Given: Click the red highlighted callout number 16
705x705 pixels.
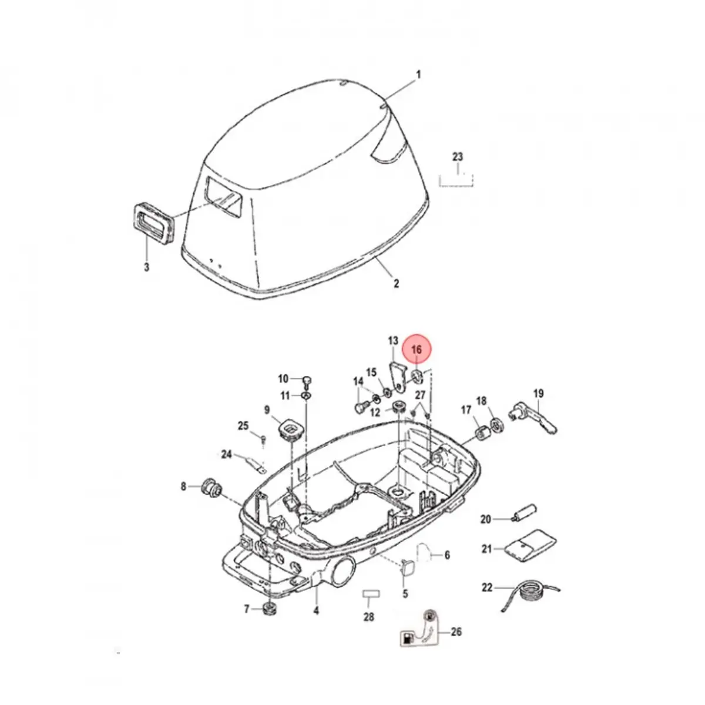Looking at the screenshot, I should point(417,350).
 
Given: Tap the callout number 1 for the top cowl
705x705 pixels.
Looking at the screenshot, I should point(419,75).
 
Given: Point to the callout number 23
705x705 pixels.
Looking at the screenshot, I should point(458,157).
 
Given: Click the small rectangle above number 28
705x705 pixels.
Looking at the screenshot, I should point(368,594).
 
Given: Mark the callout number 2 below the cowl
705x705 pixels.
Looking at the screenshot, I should point(397,283).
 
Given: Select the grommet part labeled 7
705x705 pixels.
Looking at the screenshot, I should point(270,609).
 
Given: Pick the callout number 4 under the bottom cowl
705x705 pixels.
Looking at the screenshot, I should point(316,611).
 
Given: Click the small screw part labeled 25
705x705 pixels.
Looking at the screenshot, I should point(264,438).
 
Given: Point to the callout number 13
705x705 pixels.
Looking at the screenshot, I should point(393,341).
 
